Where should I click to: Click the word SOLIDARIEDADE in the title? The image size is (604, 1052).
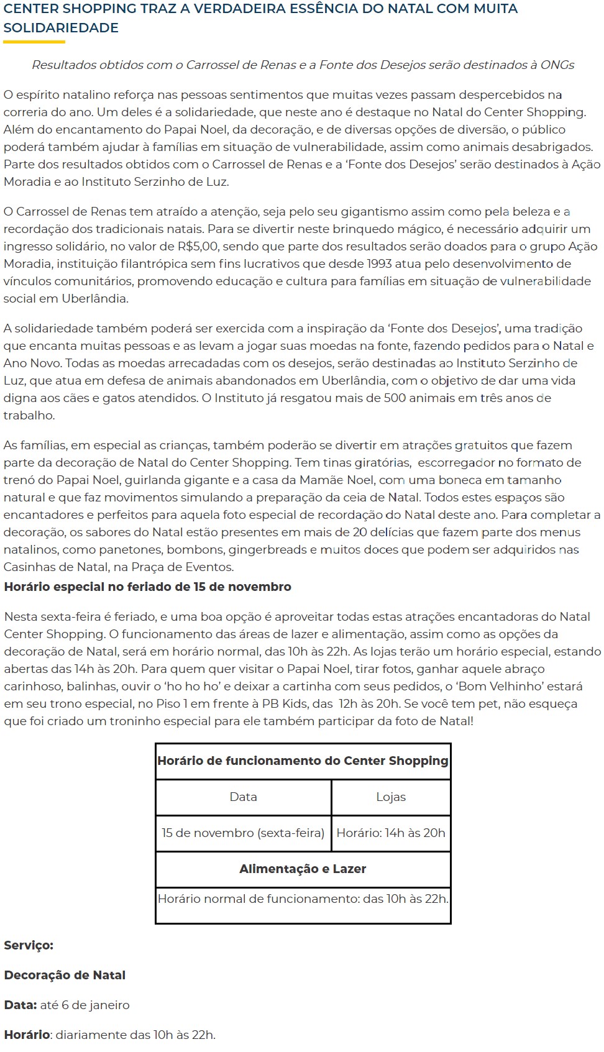[61, 28]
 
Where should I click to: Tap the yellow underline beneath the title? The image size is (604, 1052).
[34, 42]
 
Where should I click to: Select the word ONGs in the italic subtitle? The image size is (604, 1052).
[557, 65]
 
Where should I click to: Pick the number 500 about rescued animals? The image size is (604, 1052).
[395, 398]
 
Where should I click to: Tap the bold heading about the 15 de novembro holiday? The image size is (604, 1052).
[147, 587]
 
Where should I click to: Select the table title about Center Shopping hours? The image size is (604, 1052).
[303, 761]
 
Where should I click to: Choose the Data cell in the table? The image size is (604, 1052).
[243, 797]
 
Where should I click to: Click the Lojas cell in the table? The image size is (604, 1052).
[391, 797]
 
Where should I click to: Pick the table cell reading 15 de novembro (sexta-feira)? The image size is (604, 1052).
[243, 833]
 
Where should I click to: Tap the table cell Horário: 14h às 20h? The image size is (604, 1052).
[391, 833]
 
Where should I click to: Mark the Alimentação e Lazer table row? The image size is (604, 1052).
[303, 869]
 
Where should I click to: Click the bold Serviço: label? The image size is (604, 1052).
[29, 945]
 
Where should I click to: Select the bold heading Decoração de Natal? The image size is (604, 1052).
[65, 975]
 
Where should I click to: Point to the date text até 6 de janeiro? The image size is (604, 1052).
[85, 1005]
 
